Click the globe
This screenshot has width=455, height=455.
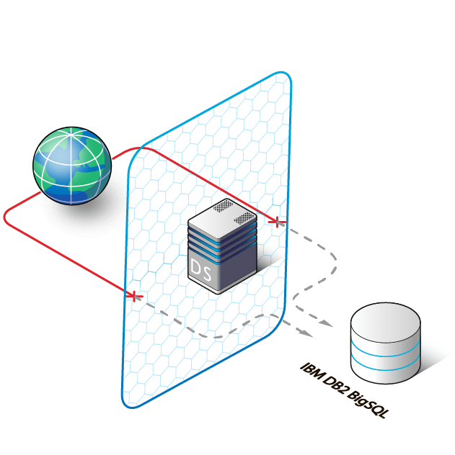[72, 163]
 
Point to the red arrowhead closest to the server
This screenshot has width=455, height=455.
[133, 294]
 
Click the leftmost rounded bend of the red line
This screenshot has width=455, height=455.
[6, 216]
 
